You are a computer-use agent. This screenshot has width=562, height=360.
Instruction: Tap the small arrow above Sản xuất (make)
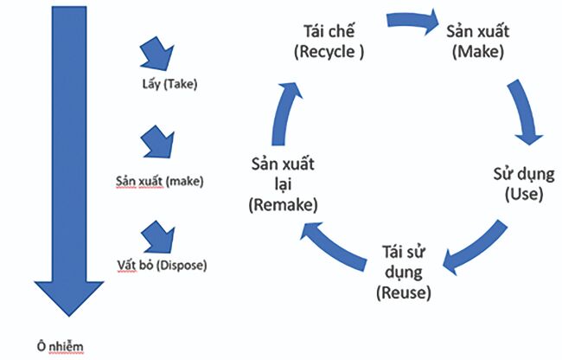[156, 142]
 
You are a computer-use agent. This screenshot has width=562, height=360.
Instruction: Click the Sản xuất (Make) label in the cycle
[478, 40]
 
